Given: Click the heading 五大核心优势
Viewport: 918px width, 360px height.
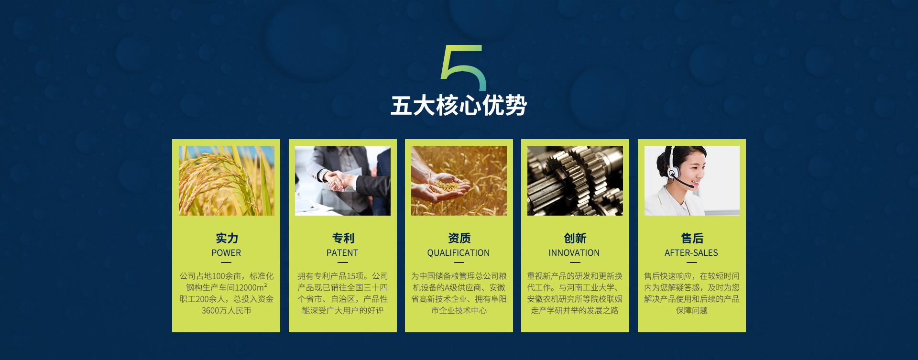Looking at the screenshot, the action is click(x=459, y=105).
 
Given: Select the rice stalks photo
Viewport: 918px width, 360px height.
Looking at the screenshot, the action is click(x=227, y=181).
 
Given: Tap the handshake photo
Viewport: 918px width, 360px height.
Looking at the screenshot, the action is click(x=343, y=181).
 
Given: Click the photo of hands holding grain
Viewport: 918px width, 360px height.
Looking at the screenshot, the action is click(x=459, y=181).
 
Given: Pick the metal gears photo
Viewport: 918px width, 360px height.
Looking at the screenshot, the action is click(x=575, y=181).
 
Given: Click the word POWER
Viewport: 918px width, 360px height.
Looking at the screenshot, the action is click(x=226, y=253).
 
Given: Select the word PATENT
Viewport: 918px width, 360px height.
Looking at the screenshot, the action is click(x=342, y=253).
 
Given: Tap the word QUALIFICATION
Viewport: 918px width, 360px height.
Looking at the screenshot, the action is click(x=459, y=253).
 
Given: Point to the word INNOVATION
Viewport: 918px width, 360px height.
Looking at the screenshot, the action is click(x=574, y=253).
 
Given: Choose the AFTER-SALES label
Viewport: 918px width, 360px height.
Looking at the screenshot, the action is click(x=691, y=253).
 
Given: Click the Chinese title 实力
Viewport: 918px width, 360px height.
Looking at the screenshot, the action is click(x=227, y=238).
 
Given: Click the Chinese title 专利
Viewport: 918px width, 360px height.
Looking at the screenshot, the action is click(x=343, y=238).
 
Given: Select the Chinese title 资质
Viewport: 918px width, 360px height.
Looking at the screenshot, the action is click(x=459, y=238).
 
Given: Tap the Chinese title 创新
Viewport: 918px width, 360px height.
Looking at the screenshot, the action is click(x=575, y=238).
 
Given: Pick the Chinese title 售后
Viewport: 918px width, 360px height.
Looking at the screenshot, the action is click(x=692, y=238).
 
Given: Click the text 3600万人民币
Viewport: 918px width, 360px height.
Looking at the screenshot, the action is click(x=226, y=311).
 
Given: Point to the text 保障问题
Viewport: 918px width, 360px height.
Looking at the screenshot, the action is click(x=692, y=311).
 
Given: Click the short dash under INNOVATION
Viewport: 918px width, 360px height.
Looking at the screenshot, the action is click(x=575, y=262).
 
